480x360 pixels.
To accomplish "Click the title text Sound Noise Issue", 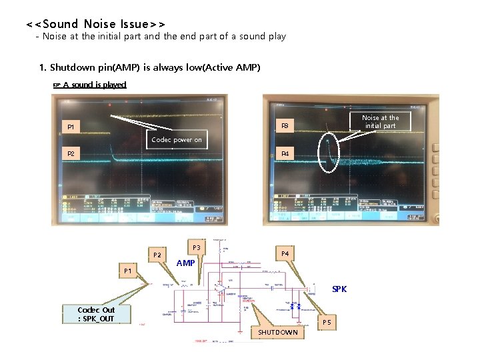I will (x=95, y=24).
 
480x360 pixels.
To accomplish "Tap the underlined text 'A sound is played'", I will (x=94, y=85).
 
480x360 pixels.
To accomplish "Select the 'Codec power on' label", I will (x=176, y=139).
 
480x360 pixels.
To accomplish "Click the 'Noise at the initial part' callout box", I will (x=380, y=121).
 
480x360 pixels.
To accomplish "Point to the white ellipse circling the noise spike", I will (x=328, y=153).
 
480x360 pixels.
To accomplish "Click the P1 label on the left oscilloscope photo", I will (x=71, y=127).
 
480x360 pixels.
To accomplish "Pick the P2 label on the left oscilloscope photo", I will (x=71, y=154).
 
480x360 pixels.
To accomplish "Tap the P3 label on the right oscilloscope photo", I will (x=285, y=125).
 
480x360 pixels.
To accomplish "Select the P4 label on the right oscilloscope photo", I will (x=285, y=154).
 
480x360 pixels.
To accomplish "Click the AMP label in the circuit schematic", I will (x=185, y=263).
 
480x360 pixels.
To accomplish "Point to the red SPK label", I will (x=339, y=289).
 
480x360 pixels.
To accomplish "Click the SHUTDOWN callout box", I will (x=278, y=332).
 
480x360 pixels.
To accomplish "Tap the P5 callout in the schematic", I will (x=327, y=322).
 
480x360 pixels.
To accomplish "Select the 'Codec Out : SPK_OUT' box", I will (x=96, y=314).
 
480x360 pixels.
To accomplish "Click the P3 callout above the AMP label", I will (x=196, y=247).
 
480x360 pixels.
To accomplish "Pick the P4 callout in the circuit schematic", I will (x=285, y=253).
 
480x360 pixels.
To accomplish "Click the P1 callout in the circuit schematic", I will (x=127, y=271).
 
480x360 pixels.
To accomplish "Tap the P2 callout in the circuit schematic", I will (x=157, y=255).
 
